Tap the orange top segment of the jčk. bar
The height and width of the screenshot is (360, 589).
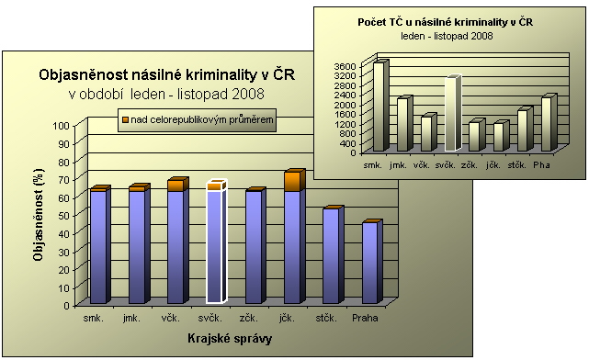point(294,181)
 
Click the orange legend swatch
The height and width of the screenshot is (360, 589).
point(125,119)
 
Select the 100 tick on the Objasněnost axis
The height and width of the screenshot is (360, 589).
point(62,126)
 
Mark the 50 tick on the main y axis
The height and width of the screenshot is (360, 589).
point(64,216)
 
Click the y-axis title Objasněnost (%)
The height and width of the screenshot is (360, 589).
point(38,215)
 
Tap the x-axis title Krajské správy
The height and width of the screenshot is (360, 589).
point(230,339)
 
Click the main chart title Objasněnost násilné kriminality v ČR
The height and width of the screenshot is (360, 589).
point(167,74)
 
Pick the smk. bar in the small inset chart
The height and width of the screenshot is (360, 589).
point(381,106)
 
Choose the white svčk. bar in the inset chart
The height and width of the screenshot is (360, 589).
point(453,113)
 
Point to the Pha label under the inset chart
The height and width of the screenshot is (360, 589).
point(541,164)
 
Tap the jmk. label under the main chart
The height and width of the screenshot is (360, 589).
point(131,318)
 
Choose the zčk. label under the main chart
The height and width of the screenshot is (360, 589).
point(249,318)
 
